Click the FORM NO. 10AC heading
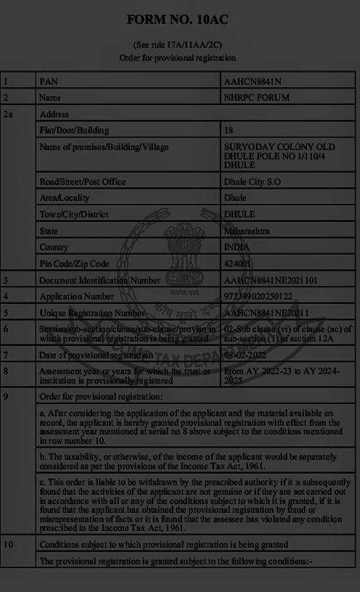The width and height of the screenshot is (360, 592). tap(177, 20)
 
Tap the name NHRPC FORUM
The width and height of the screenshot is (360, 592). tap(257, 97)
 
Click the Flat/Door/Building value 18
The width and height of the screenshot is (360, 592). tap(229, 131)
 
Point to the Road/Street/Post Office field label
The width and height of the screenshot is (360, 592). tap(83, 181)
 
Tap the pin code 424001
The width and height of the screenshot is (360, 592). tap(240, 264)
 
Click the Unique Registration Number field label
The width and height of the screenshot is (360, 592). tap(92, 313)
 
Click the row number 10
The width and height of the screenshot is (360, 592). tap(8, 544)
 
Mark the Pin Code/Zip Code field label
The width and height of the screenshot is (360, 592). tap(74, 264)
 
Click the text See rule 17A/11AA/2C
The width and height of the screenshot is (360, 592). tap(177, 45)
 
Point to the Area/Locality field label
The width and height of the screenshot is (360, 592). tap(64, 197)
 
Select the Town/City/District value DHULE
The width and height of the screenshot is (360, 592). tap(240, 215)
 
